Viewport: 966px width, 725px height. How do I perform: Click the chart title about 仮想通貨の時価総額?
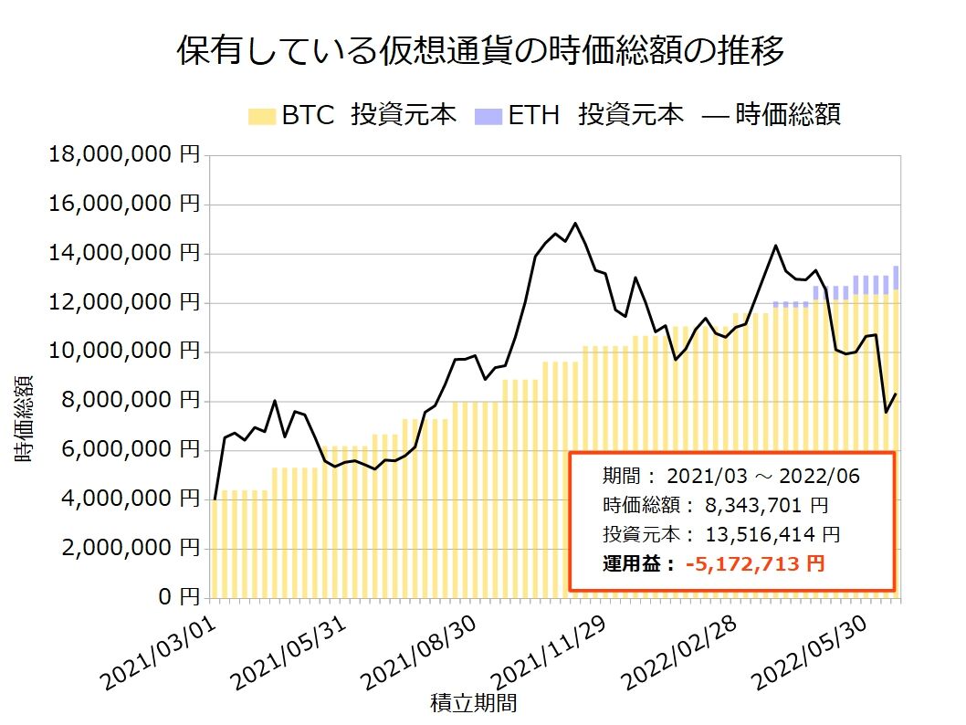pos(480,50)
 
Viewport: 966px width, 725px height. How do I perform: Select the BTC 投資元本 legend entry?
pos(352,115)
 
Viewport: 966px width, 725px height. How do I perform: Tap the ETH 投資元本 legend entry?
pos(579,115)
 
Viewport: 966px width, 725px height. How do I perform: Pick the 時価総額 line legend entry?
pos(772,115)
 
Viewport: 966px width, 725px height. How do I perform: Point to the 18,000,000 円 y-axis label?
pos(124,154)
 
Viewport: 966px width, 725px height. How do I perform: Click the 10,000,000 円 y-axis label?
pos(124,352)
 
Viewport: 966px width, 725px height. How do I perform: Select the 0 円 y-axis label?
pos(179,597)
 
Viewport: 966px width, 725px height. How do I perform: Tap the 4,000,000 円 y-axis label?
pos(131,499)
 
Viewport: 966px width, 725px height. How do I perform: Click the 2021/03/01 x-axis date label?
pos(159,653)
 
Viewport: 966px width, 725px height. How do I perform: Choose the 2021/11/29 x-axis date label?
pos(550,653)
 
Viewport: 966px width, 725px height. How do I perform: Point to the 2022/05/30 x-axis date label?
pos(811,653)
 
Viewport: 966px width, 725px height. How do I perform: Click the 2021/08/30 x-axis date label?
pos(419,653)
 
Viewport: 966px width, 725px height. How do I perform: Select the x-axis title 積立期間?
pos(473,703)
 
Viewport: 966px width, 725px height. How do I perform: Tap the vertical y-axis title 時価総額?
pos(24,418)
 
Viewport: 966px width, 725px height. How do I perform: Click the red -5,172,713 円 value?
pos(755,563)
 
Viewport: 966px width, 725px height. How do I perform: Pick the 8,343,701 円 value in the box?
pos(766,506)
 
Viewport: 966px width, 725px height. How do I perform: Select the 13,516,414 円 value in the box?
pos(772,535)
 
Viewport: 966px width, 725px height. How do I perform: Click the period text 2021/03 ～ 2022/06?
pos(762,476)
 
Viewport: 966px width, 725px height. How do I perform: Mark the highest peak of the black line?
pos(575,223)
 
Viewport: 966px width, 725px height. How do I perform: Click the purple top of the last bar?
pos(896,278)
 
